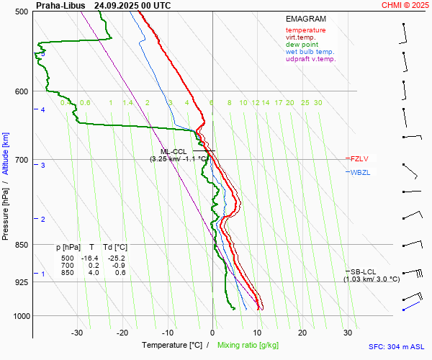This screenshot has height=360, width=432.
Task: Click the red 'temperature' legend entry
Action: [305, 30]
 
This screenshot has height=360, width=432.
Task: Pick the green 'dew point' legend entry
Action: [301, 45]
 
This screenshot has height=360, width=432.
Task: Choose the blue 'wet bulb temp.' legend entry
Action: [310, 52]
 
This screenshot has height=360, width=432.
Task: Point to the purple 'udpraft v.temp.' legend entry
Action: [310, 59]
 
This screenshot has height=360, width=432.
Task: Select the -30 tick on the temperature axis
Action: [77, 333]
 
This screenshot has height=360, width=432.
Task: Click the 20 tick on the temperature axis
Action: [303, 333]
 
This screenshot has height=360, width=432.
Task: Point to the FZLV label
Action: [359, 158]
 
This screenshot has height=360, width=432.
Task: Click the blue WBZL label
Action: [360, 173]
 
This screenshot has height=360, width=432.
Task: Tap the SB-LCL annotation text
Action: [364, 271]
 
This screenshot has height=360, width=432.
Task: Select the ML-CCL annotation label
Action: [174, 151]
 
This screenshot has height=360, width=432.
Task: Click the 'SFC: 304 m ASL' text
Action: [397, 346]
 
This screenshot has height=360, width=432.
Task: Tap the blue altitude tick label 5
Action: [42, 54]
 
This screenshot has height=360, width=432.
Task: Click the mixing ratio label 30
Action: [318, 103]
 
